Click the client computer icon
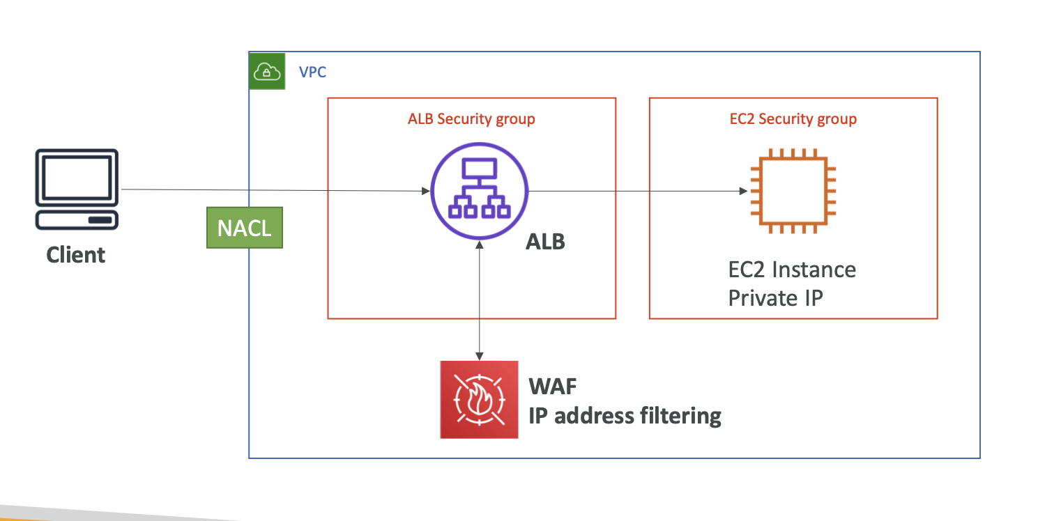tap(76, 189)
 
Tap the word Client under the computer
tap(76, 254)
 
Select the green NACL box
tap(245, 228)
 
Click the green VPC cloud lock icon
tap(268, 71)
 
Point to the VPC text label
tap(312, 72)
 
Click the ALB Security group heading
tap(471, 119)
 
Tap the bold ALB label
tap(544, 242)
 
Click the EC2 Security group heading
tap(793, 119)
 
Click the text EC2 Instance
tap(792, 270)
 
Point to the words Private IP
tap(775, 298)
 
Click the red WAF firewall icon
tap(479, 400)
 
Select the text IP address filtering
tap(625, 416)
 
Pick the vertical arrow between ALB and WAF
tap(480, 300)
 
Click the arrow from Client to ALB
tap(279, 189)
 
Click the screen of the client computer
tap(76, 177)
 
